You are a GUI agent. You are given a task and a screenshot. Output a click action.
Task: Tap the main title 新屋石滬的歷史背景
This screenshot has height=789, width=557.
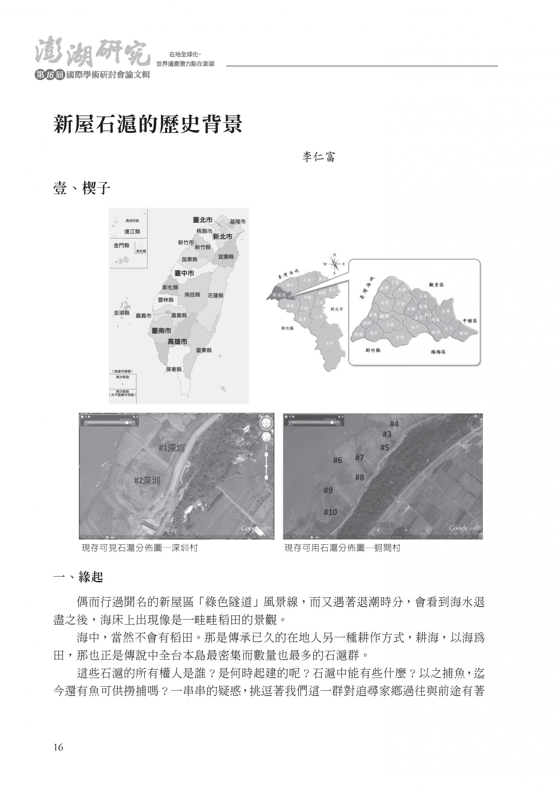[148, 124]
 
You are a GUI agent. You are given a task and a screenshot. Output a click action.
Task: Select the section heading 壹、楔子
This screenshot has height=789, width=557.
[82, 189]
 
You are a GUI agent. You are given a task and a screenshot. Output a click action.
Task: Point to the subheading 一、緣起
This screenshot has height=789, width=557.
[78, 577]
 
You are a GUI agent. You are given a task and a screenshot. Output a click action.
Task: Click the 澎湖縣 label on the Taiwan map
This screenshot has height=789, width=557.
[122, 313]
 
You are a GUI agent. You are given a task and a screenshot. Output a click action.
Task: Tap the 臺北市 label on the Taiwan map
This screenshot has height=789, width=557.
[202, 220]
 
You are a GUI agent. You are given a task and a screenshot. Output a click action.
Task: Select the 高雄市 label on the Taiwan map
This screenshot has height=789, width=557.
[178, 342]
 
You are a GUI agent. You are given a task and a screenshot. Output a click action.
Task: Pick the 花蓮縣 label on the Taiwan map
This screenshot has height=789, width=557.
[215, 296]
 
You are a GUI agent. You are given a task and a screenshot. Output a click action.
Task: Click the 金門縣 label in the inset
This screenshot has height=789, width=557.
[122, 245]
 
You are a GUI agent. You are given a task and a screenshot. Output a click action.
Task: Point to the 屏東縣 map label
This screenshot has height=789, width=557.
[174, 369]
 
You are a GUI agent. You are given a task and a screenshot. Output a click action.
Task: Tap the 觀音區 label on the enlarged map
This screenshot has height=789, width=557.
[436, 285]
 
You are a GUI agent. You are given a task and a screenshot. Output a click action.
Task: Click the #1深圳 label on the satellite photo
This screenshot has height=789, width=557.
[172, 448]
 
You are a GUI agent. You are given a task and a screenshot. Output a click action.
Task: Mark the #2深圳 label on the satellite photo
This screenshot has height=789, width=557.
[147, 480]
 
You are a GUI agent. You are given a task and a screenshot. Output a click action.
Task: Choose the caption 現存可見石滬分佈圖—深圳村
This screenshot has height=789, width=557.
[139, 548]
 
